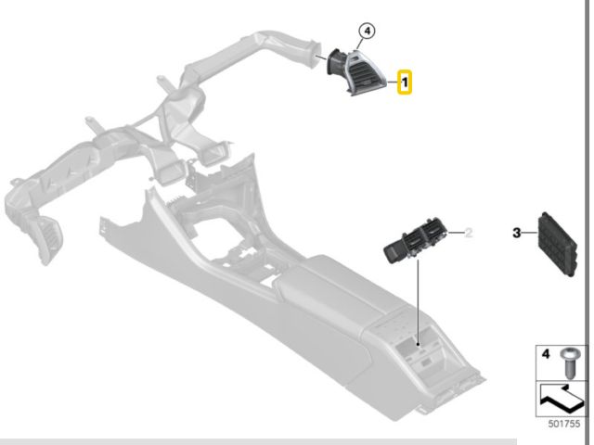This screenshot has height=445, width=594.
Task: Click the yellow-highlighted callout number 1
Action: click(405, 83)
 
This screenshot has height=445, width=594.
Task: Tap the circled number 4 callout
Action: click(368, 31)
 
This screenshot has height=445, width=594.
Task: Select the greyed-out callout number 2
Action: click(469, 233)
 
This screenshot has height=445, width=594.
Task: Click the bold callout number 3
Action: click(517, 233)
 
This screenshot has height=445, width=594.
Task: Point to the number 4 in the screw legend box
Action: click(546, 354)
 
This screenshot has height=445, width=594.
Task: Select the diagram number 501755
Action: click(564, 424)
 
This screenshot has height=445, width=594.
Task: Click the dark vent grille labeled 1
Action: click(365, 74)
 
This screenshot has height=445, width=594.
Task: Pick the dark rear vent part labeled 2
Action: click(415, 241)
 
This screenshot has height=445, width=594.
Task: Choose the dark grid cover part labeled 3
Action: click(557, 245)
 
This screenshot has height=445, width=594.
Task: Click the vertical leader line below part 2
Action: click(419, 302)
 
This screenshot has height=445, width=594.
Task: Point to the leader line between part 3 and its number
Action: click(529, 233)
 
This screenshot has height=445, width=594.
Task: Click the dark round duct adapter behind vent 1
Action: click(336, 62)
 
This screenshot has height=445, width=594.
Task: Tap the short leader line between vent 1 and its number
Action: click(392, 83)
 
